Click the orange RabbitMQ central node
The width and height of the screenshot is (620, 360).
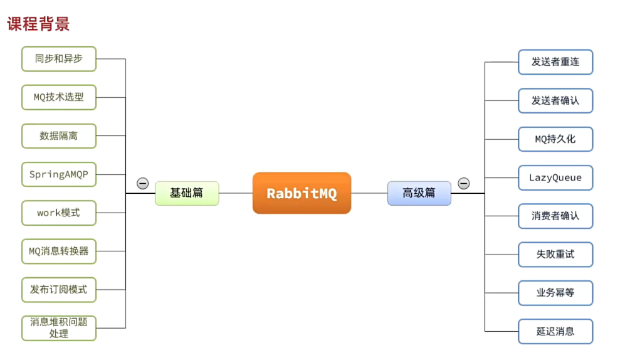(x=302, y=193)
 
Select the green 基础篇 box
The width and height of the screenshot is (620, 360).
(x=187, y=193)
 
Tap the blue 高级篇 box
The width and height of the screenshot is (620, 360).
(x=419, y=193)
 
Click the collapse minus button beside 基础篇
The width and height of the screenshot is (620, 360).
(x=143, y=184)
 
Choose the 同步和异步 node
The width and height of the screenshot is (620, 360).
(x=59, y=59)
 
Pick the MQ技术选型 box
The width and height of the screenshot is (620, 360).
(x=59, y=97)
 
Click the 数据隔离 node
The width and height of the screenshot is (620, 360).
(x=59, y=135)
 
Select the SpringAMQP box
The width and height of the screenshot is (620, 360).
(x=59, y=174)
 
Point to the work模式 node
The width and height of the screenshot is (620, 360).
(x=59, y=213)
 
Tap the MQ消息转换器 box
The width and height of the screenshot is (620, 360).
(x=59, y=251)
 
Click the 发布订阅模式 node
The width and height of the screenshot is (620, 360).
(x=59, y=290)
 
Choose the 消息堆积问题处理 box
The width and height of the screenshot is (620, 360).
(x=59, y=328)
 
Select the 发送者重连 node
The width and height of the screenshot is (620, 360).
(x=555, y=62)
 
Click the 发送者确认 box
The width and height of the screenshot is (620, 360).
(x=555, y=100)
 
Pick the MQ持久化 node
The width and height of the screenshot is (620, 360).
(x=555, y=139)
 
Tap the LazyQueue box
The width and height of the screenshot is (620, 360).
(x=555, y=177)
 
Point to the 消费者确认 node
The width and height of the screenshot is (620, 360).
(x=555, y=216)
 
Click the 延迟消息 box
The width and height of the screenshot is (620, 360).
(x=555, y=331)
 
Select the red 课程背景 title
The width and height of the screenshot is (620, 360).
(x=38, y=24)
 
